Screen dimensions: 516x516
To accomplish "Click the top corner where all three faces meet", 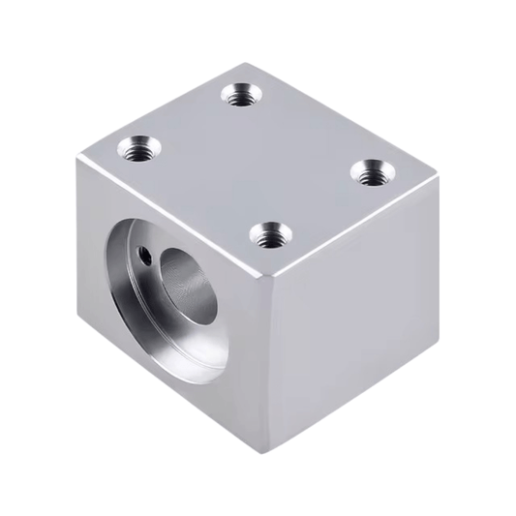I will (x=274, y=280).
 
